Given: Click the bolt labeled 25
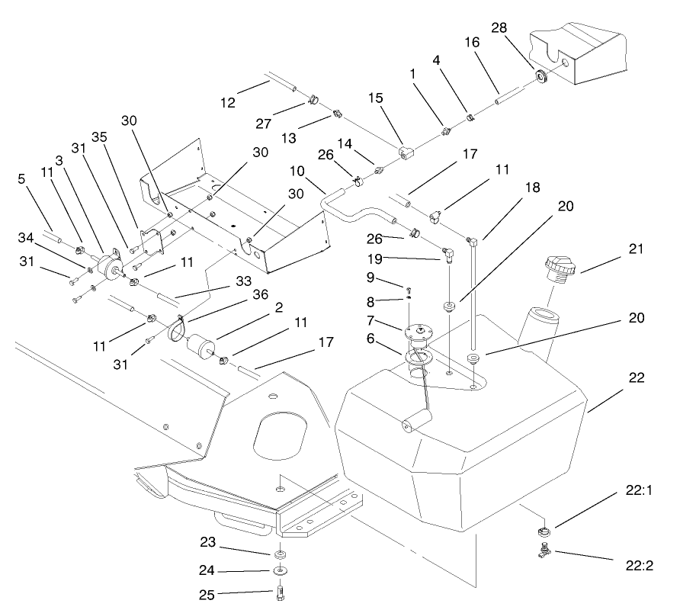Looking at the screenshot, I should coord(280,592).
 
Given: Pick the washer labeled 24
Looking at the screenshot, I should coord(281,570).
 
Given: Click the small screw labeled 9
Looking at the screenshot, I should coord(409,289).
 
